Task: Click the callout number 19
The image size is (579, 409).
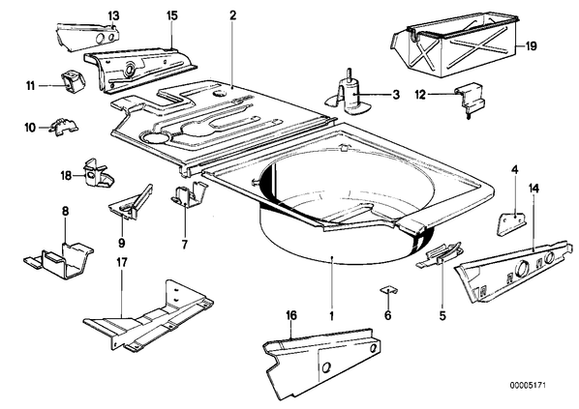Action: point(531,46)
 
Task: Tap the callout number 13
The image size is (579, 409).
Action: point(113,16)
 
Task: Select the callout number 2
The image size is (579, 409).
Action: point(232,15)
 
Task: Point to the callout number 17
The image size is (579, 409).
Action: point(122,263)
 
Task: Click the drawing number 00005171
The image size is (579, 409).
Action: point(528,386)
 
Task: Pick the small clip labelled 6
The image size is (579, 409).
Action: point(388,290)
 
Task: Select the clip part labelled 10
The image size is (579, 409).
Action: point(64,126)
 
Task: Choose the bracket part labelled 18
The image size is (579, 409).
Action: point(98,173)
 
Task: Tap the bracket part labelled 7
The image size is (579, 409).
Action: point(188,194)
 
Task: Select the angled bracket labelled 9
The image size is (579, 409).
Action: point(132,202)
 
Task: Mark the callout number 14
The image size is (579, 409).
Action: point(533,189)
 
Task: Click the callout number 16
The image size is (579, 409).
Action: point(291,315)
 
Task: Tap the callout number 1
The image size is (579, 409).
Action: point(332,316)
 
